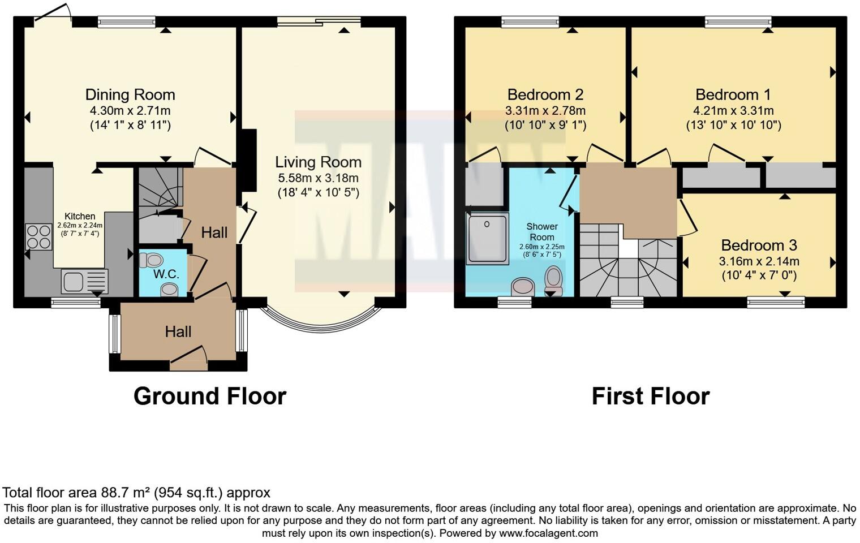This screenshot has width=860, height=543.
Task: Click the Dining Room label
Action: pyautogui.click(x=130, y=94)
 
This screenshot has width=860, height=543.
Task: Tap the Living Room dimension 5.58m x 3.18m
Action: pyautogui.click(x=318, y=178)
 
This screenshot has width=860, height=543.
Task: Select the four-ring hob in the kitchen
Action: pyautogui.click(x=38, y=237)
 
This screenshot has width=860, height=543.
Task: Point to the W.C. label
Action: pyautogui.click(x=166, y=274)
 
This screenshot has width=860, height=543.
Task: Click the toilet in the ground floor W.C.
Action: pyautogui.click(x=152, y=260)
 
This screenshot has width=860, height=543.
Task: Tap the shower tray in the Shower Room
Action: pyautogui.click(x=487, y=238)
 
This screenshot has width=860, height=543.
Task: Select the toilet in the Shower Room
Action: pyautogui.click(x=554, y=280)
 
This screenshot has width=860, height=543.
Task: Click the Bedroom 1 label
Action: pyautogui.click(x=733, y=94)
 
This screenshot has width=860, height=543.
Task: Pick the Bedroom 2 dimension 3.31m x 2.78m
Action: pyautogui.click(x=545, y=111)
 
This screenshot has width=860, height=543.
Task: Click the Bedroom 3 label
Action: pyautogui.click(x=759, y=245)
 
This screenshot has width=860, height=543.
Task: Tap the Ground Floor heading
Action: pyautogui.click(x=210, y=396)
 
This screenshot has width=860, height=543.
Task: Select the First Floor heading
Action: pyautogui.click(x=651, y=396)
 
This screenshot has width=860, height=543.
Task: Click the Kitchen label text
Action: pyautogui.click(x=80, y=216)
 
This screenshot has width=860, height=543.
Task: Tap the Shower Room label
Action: pyautogui.click(x=542, y=232)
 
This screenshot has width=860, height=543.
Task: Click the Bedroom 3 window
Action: pyautogui.click(x=776, y=303)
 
